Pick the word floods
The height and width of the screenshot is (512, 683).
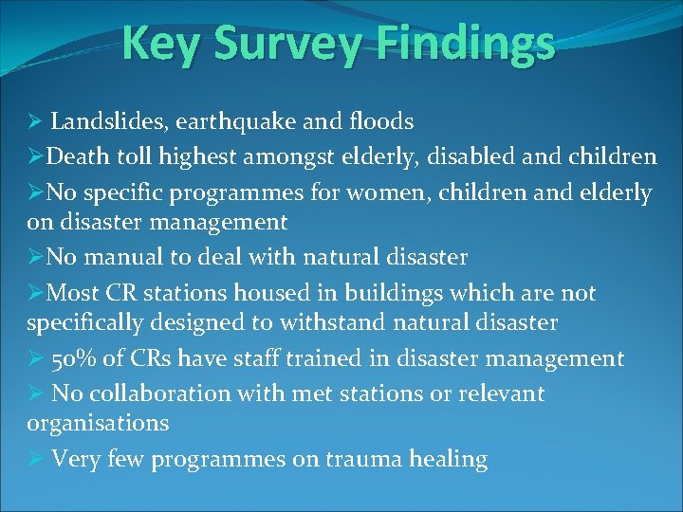point(377,121)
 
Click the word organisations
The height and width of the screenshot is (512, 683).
point(97,424)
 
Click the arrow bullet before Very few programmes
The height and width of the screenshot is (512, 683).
point(35,460)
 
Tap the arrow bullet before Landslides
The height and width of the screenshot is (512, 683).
point(35,121)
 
